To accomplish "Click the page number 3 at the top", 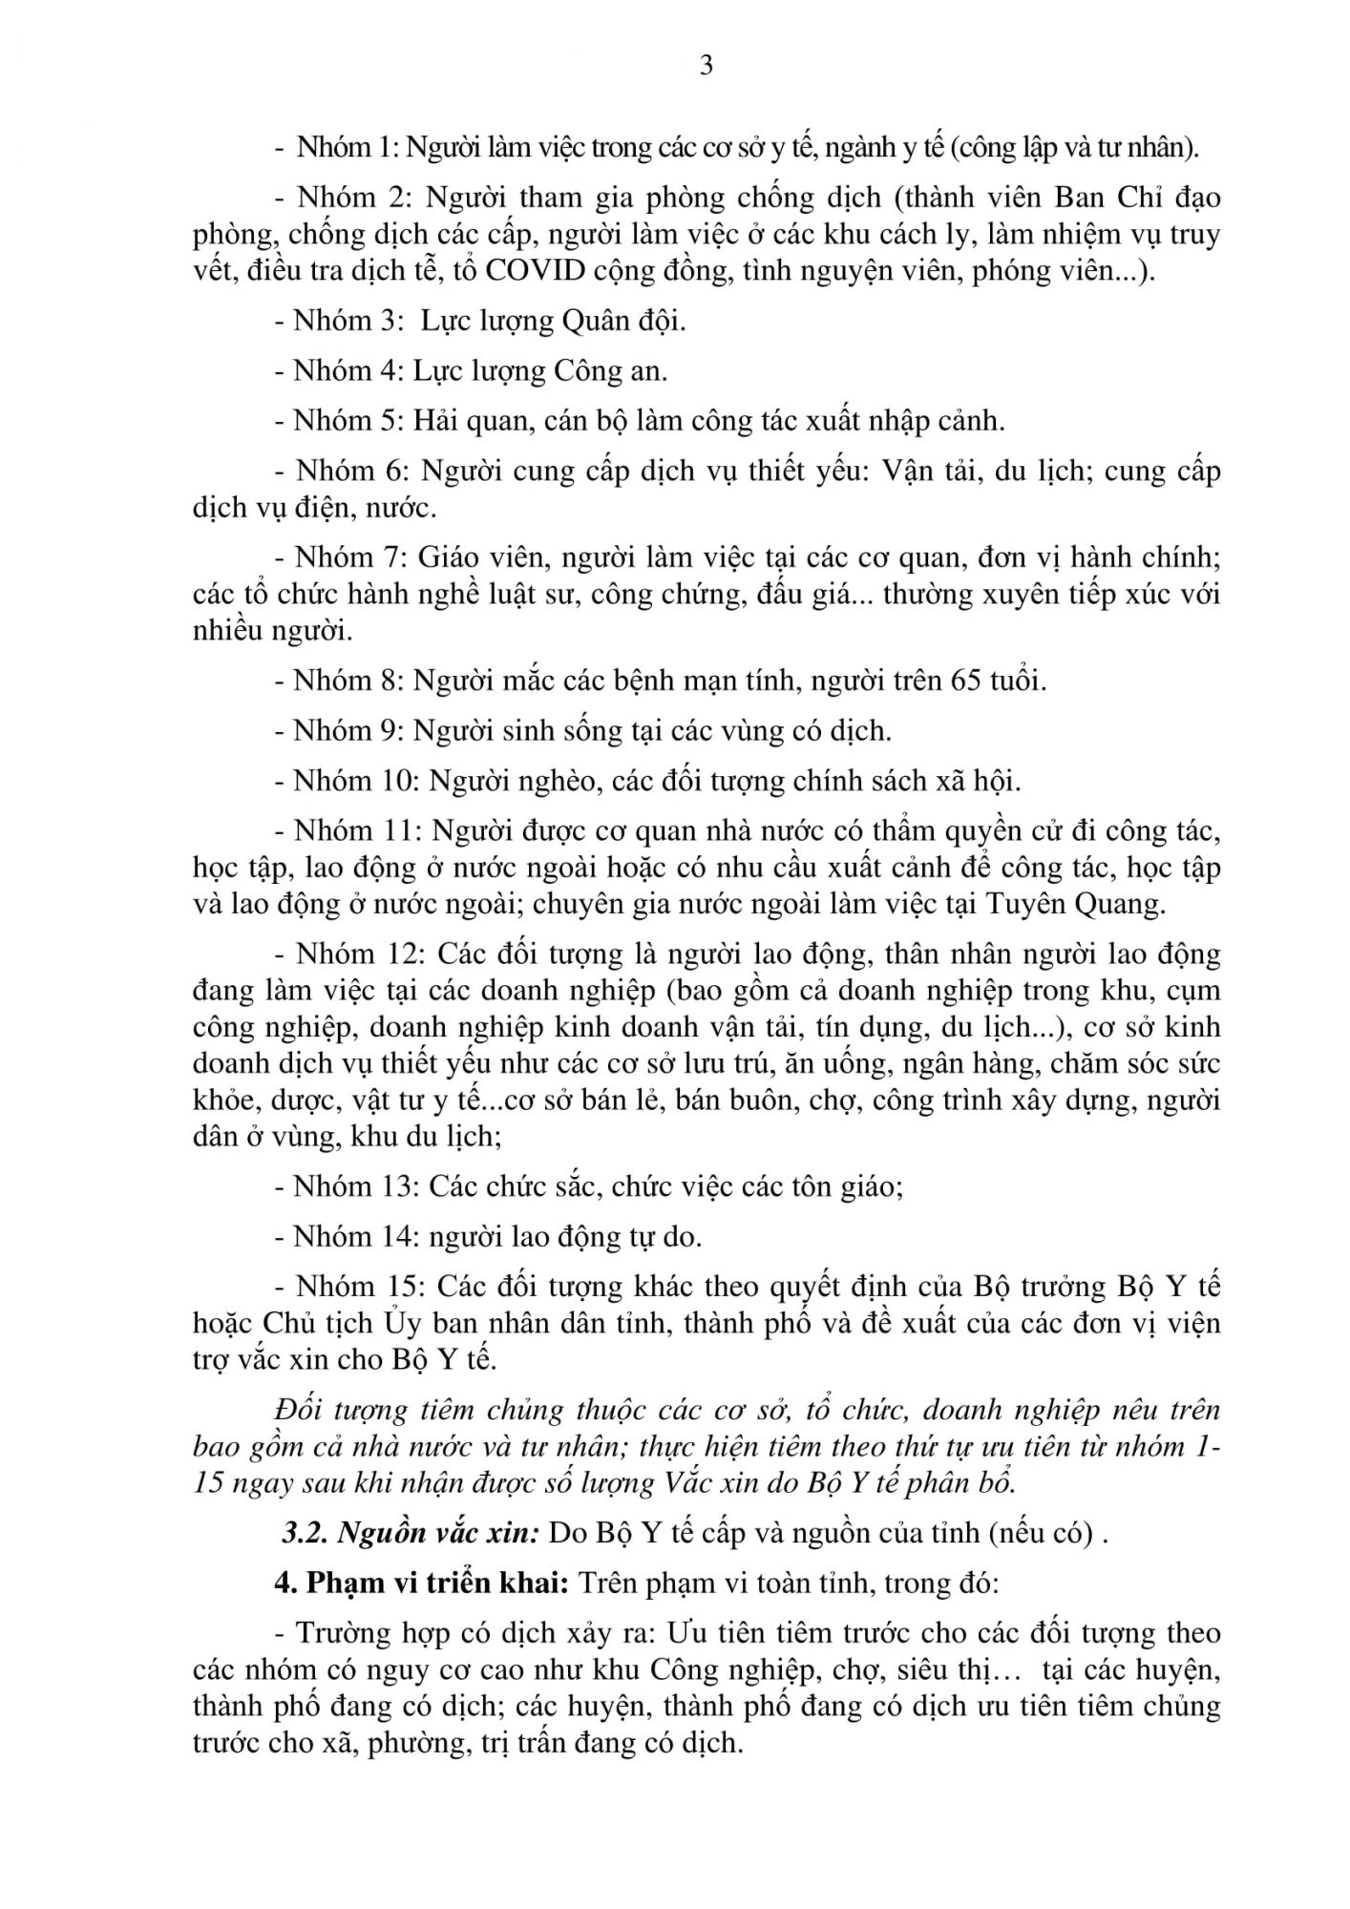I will [x=707, y=66].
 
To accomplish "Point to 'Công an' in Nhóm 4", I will [x=611, y=370].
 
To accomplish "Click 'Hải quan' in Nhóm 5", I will [x=473, y=420].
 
